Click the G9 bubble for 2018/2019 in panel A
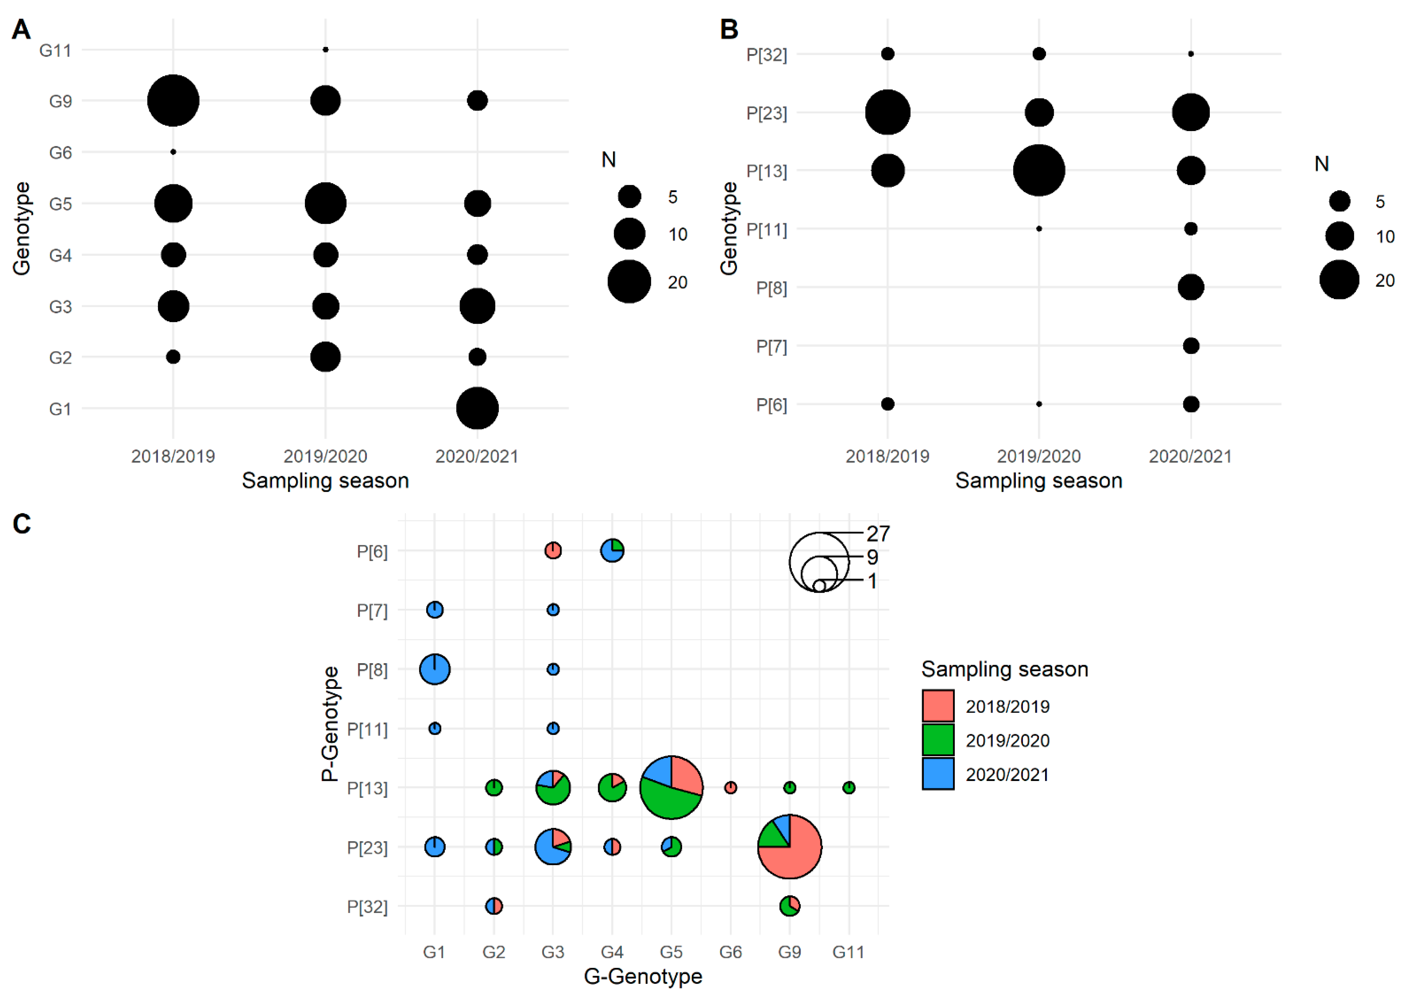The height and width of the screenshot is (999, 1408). pyautogui.click(x=174, y=100)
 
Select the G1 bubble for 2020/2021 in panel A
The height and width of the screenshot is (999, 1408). pyautogui.click(x=477, y=408)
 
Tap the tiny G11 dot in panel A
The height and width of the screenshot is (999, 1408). pyautogui.click(x=325, y=49)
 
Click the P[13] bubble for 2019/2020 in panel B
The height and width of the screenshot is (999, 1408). pyautogui.click(x=1039, y=170)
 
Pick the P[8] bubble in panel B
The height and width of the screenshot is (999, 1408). pyautogui.click(x=1190, y=287)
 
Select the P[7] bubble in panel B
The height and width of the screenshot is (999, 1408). pyautogui.click(x=1190, y=346)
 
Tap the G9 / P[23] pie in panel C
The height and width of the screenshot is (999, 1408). pyautogui.click(x=789, y=847)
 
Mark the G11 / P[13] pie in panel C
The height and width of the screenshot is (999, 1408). pyautogui.click(x=848, y=787)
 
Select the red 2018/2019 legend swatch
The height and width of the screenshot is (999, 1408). pyautogui.click(x=938, y=706)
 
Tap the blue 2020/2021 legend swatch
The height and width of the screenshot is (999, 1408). pyautogui.click(x=938, y=774)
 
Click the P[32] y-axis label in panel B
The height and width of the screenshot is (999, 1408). pyautogui.click(x=766, y=55)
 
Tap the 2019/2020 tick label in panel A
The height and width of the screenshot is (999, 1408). pyautogui.click(x=325, y=457)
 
